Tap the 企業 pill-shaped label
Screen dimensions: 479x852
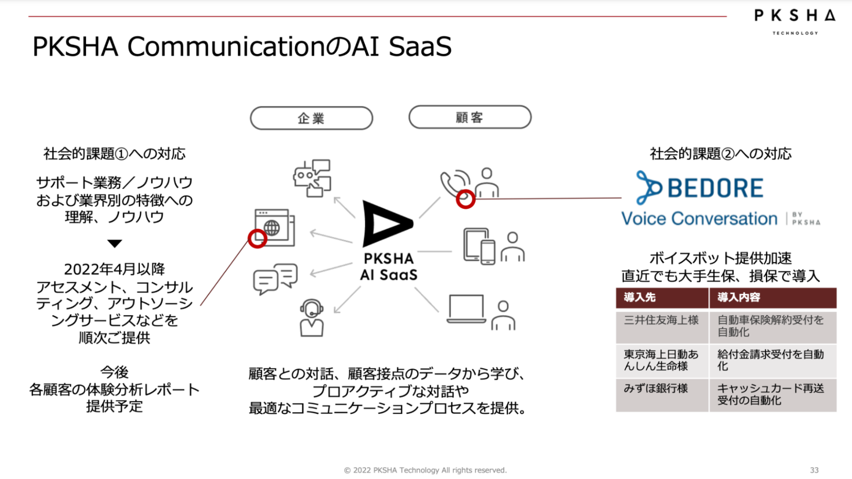point(311,118)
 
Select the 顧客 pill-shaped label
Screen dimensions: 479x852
point(469,117)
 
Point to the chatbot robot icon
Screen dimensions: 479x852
point(312,178)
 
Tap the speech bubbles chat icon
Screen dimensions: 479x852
point(275,279)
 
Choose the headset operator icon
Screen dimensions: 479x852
point(312,318)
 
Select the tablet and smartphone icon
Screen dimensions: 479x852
point(479,247)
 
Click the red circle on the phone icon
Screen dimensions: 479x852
point(465,199)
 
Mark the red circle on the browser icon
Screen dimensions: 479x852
point(257,239)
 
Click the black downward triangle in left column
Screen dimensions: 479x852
point(114,243)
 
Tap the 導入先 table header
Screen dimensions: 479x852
point(662,298)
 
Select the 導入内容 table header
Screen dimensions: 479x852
point(772,298)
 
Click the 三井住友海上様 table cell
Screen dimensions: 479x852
point(662,320)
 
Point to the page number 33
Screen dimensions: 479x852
point(814,470)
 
